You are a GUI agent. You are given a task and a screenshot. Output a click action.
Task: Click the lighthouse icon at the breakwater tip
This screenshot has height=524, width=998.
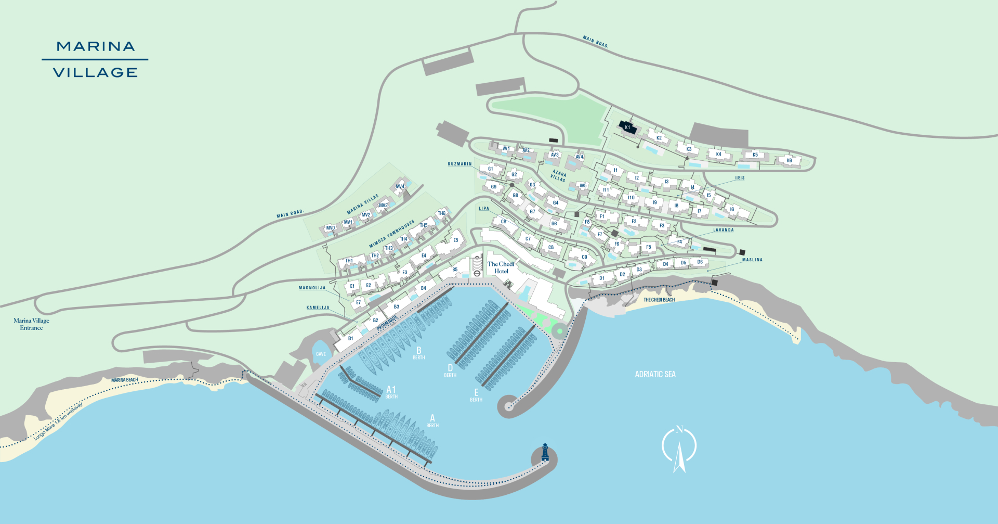[545, 453]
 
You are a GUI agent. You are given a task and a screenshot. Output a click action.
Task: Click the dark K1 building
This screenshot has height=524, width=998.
[627, 127]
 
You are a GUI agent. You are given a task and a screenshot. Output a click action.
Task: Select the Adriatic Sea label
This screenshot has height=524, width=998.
[655, 374]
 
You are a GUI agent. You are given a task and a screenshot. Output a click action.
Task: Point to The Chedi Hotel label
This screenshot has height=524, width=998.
[501, 267]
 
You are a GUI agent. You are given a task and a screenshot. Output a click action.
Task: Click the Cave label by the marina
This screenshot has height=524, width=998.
[321, 354]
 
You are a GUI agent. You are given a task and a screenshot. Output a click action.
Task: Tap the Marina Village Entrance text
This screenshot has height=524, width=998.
[31, 324]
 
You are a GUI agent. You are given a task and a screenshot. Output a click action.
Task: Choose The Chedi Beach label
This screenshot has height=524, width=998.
[659, 300]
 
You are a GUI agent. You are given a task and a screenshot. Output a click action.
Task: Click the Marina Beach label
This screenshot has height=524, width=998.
[125, 380]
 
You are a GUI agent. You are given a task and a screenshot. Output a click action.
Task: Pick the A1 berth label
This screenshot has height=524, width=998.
[391, 391]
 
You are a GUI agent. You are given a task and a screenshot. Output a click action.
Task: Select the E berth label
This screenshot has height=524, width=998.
[476, 395]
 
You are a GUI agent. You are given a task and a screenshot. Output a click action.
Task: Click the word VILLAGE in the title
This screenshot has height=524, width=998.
[95, 73]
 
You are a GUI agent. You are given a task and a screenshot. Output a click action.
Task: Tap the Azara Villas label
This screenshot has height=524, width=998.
[559, 175]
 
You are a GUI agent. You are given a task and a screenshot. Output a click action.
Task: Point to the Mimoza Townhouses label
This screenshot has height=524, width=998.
[392, 234]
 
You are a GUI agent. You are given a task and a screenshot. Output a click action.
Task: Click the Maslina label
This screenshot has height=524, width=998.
[752, 260]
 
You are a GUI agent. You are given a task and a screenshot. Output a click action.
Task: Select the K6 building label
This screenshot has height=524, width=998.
[789, 160]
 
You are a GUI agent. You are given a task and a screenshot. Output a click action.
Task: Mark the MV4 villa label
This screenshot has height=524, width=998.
[400, 186]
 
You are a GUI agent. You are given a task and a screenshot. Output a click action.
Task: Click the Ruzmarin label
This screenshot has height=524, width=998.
[459, 164]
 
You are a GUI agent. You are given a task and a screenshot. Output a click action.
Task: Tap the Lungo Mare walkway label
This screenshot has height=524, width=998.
[58, 421]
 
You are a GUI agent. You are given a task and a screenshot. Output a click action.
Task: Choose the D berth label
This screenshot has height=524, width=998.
[450, 370]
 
